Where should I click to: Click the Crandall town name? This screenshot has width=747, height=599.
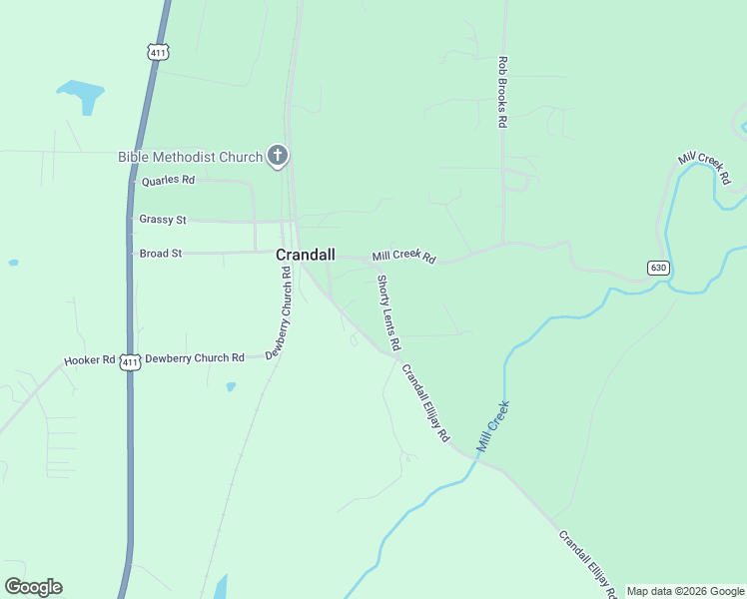tap(306, 255)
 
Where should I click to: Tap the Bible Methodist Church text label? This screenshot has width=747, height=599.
tap(190, 157)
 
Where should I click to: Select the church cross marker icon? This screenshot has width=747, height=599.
tap(278, 156)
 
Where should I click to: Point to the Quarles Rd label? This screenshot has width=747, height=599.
tap(168, 181)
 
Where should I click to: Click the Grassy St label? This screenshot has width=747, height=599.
tap(163, 219)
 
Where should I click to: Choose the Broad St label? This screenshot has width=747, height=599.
tap(161, 254)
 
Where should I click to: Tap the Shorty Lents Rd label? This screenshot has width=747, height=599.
tap(388, 312)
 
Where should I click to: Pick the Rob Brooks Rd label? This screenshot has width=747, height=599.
tap(503, 92)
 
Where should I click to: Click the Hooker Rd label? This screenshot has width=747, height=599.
tap(90, 360)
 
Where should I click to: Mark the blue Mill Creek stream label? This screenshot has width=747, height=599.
tap(493, 426)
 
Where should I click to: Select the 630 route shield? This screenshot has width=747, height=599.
tap(657, 268)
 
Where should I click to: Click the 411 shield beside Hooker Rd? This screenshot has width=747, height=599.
tap(130, 361)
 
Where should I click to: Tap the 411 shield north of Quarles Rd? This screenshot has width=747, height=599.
tap(156, 52)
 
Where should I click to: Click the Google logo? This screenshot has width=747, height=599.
tap(33, 587)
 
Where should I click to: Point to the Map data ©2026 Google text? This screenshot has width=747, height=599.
tap(686, 591)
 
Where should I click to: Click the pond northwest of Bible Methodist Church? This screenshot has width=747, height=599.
tap(82, 96)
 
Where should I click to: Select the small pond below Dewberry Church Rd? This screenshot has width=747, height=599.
tap(231, 386)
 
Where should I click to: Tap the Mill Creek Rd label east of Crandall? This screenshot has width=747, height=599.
tap(404, 258)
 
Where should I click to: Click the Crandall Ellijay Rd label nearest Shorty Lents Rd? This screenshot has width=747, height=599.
tap(426, 403)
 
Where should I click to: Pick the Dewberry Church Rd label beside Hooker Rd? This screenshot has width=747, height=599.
tap(195, 357)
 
